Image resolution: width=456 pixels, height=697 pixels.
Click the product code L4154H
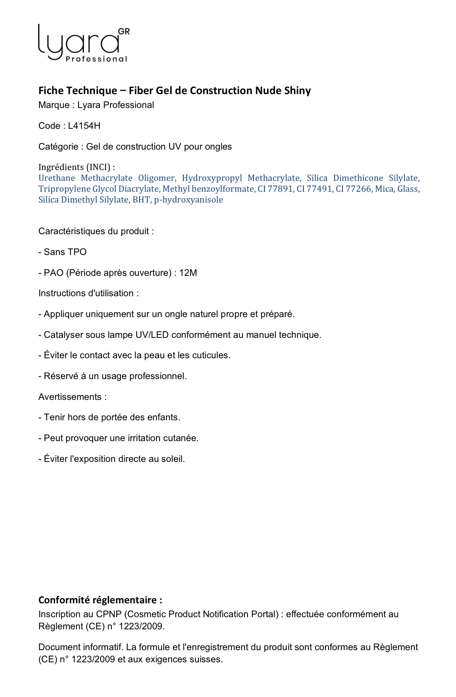tap(84, 126)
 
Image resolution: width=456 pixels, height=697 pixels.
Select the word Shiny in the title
tap(297, 91)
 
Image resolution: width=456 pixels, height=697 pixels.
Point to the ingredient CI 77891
tap(275, 189)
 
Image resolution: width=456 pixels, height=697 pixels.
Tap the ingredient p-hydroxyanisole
tap(189, 200)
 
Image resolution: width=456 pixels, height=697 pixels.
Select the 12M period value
tap(188, 273)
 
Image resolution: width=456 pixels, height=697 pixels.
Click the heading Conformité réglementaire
tap(100, 600)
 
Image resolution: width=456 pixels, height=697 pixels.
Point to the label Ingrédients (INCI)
tap(77, 167)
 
